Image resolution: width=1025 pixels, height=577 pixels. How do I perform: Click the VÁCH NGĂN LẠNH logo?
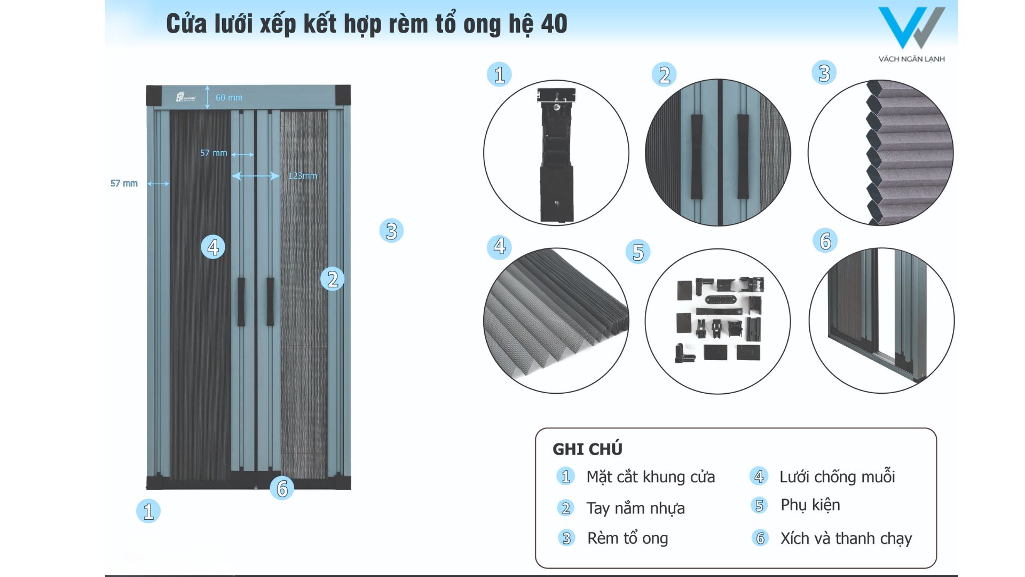pos(911,34)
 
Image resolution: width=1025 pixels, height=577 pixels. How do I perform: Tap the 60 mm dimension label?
pos(229,98)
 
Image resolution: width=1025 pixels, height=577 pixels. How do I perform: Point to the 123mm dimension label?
pos(303,176)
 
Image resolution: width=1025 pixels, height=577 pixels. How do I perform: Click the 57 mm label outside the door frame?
pos(124,183)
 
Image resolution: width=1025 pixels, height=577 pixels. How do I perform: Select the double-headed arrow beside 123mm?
pos(255,176)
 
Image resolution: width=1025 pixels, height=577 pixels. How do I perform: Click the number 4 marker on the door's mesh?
pos(213,247)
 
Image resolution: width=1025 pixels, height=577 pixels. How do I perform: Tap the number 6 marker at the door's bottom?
pos(282,488)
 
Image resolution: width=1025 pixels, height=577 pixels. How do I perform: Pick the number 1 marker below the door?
pos(148,511)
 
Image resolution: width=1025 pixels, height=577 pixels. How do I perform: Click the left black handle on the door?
pos(241,301)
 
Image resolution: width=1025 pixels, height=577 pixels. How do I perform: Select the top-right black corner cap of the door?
pos(343,95)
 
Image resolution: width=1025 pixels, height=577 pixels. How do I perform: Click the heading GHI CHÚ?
pos(587,449)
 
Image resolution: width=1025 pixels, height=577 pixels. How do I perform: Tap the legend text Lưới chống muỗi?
pos(837,477)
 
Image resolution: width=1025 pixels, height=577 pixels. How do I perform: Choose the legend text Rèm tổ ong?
pos(627,539)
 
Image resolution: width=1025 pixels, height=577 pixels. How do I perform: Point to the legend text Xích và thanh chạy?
pos(846,539)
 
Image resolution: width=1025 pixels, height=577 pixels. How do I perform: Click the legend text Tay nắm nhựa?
pos(635,508)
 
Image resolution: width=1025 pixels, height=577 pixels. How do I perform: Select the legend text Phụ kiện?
pos(810,505)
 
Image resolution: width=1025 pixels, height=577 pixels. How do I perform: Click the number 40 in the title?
pos(554,24)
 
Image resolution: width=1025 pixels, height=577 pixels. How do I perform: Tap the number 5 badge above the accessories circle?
pos(638,252)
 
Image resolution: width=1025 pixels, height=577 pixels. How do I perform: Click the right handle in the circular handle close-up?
pos(743,157)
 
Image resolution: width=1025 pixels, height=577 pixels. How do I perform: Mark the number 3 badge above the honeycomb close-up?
pos(824,73)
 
